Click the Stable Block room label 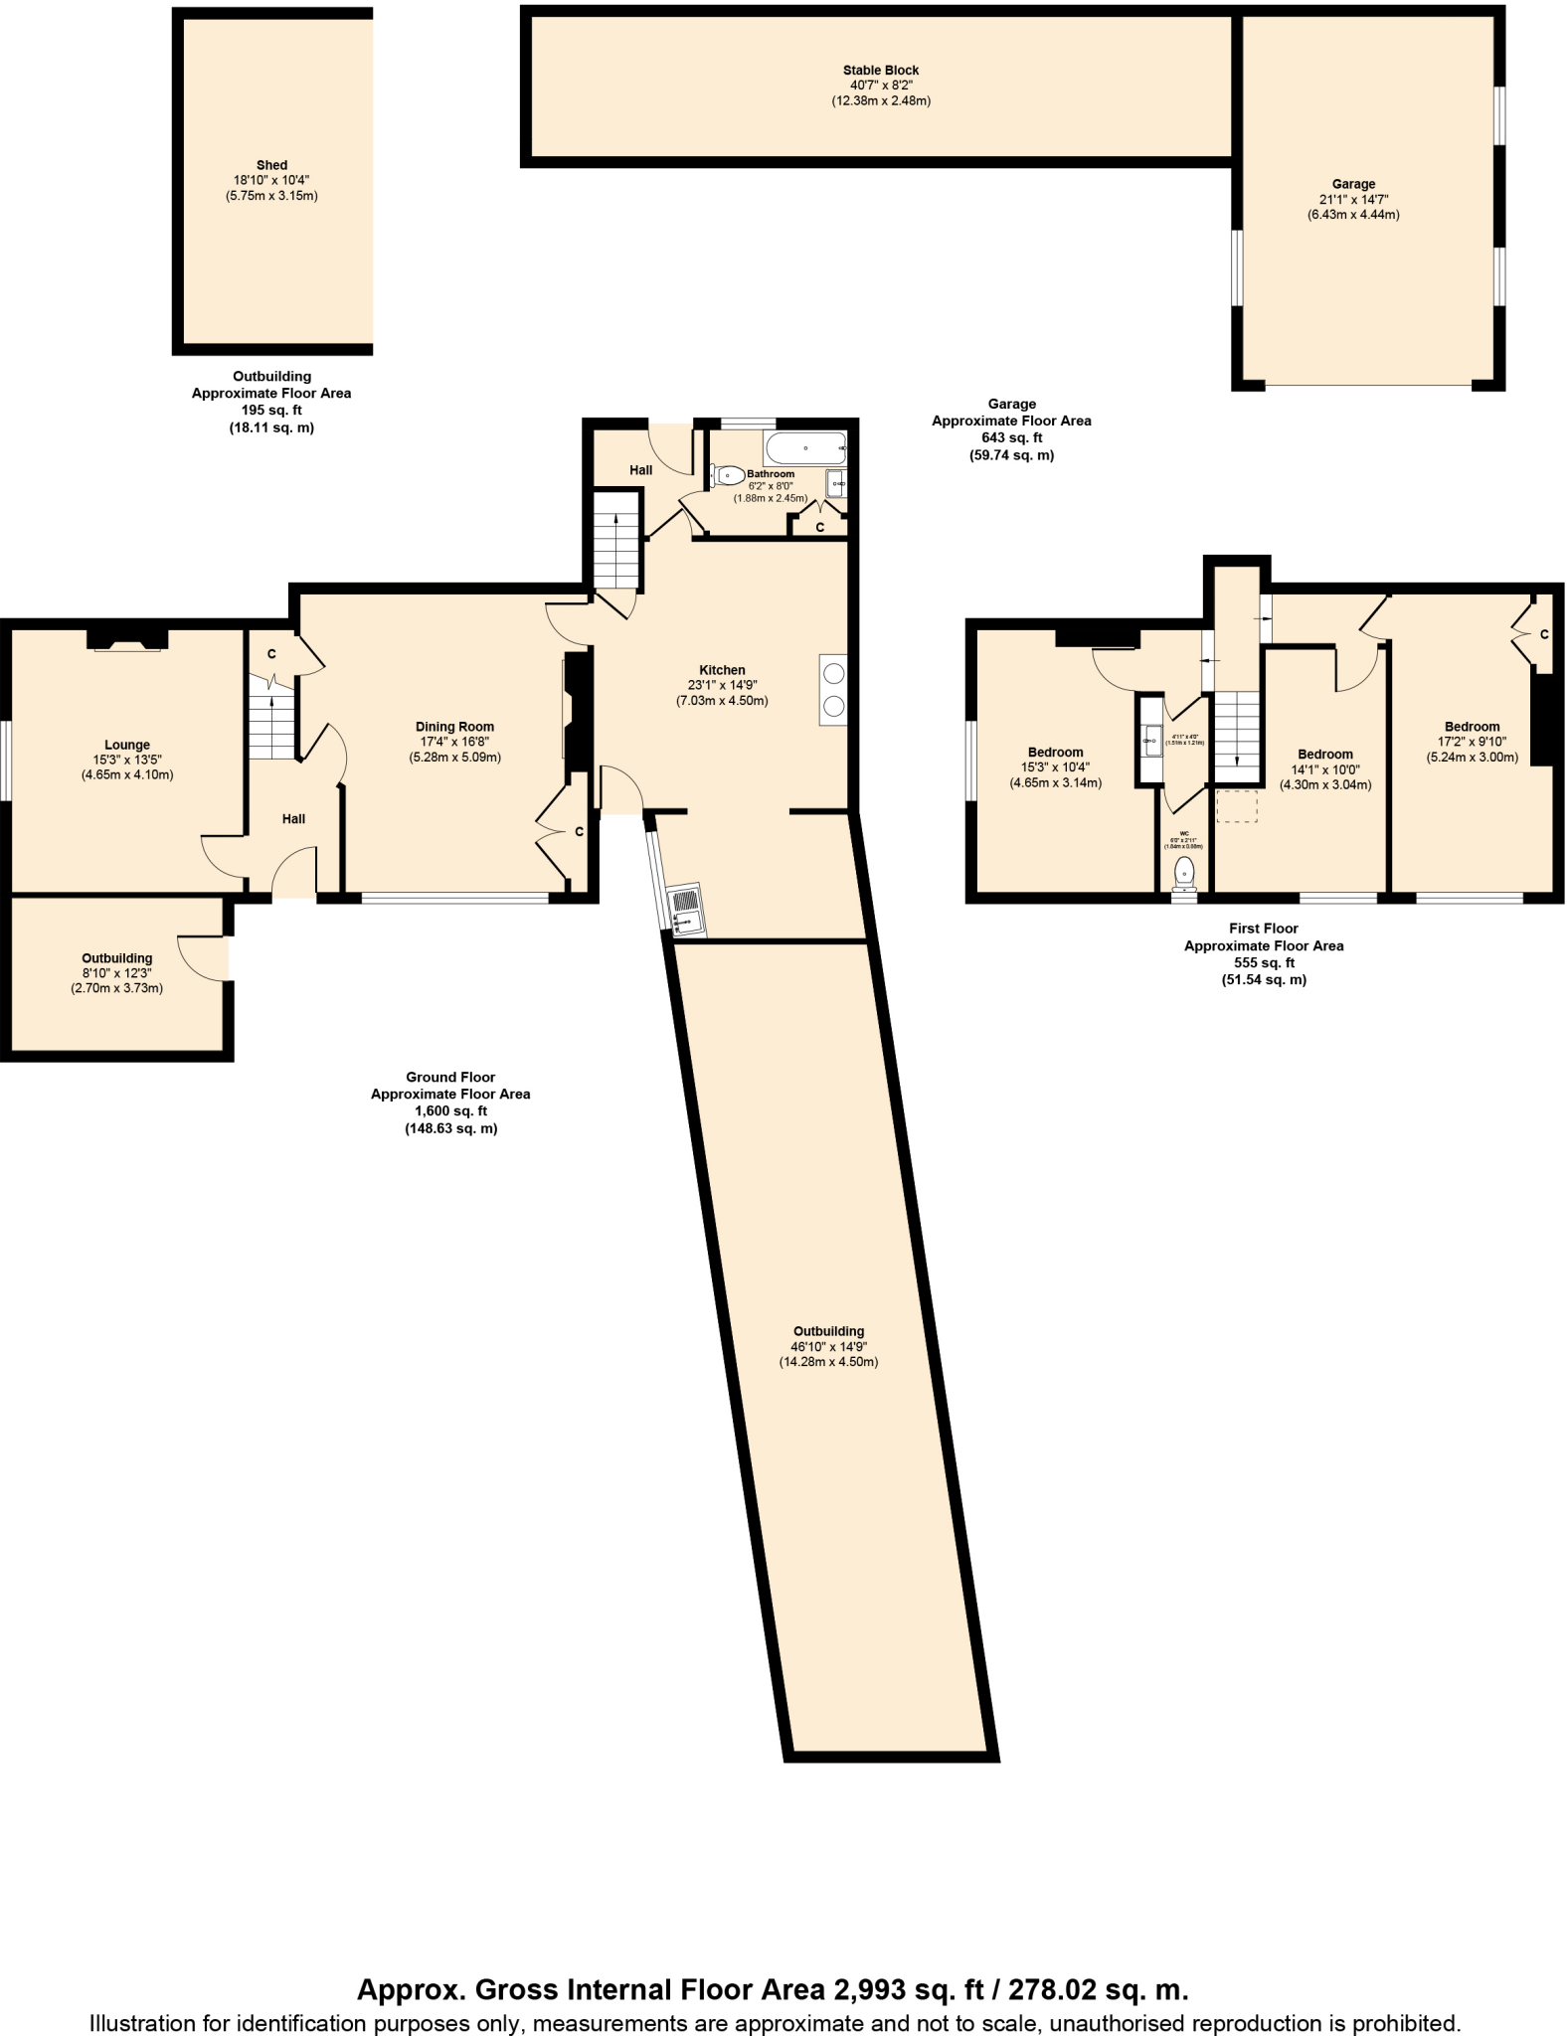[x=880, y=71]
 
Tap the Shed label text [x=271, y=165]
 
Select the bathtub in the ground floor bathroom [x=805, y=448]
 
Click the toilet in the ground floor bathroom [x=728, y=475]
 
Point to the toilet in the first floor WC [x=1184, y=873]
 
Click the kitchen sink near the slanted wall [x=687, y=910]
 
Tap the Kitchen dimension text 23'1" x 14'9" [x=722, y=685]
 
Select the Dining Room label [x=454, y=727]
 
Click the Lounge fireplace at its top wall [x=127, y=641]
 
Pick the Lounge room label [x=127, y=745]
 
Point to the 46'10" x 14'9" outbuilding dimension [x=828, y=1347]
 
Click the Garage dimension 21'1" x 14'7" [x=1353, y=200]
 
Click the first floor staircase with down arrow [x=1237, y=734]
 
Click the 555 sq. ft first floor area [x=1263, y=962]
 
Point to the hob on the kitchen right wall [x=833, y=690]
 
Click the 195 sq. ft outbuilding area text [x=271, y=411]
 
